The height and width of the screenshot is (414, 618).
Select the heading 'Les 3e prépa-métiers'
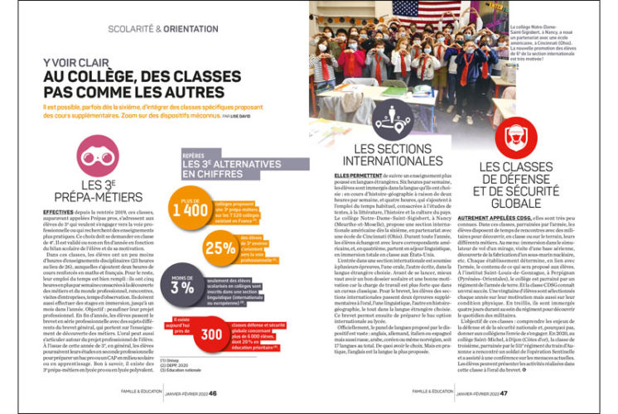pyautogui.click(x=97, y=190)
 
